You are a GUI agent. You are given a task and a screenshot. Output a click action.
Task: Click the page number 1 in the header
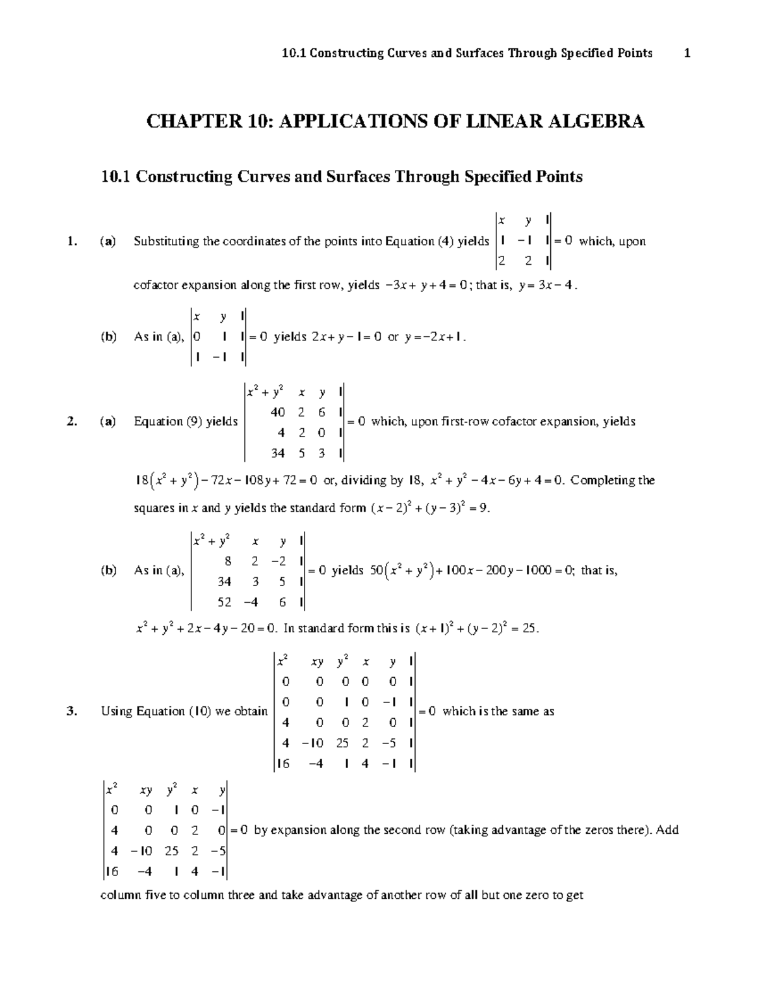pyautogui.click(x=687, y=53)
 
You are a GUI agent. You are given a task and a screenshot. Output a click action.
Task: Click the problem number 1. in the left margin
pyautogui.click(x=73, y=241)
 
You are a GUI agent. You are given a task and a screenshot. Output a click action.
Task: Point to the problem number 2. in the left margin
pyautogui.click(x=73, y=421)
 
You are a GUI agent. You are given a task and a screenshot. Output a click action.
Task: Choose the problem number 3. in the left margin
pyautogui.click(x=73, y=711)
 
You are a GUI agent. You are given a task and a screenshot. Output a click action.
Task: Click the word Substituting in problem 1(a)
pyautogui.click(x=166, y=241)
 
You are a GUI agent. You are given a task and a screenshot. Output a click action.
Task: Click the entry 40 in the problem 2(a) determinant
pyautogui.click(x=277, y=412)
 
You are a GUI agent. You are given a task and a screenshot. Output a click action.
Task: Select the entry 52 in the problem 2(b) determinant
pyautogui.click(x=224, y=602)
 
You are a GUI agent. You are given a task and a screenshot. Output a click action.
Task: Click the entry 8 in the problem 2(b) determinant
pyautogui.click(x=227, y=561)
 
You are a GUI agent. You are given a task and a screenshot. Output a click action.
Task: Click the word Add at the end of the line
pyautogui.click(x=667, y=829)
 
